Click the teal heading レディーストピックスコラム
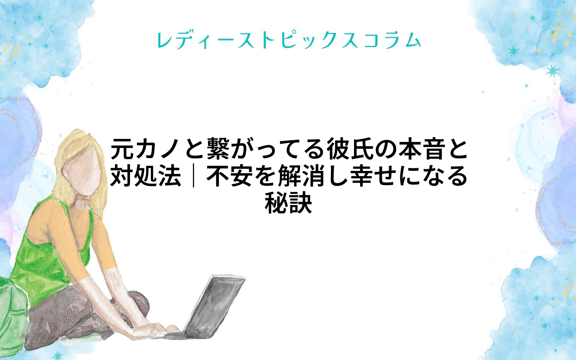(289, 40)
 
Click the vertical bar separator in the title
(194, 176)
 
